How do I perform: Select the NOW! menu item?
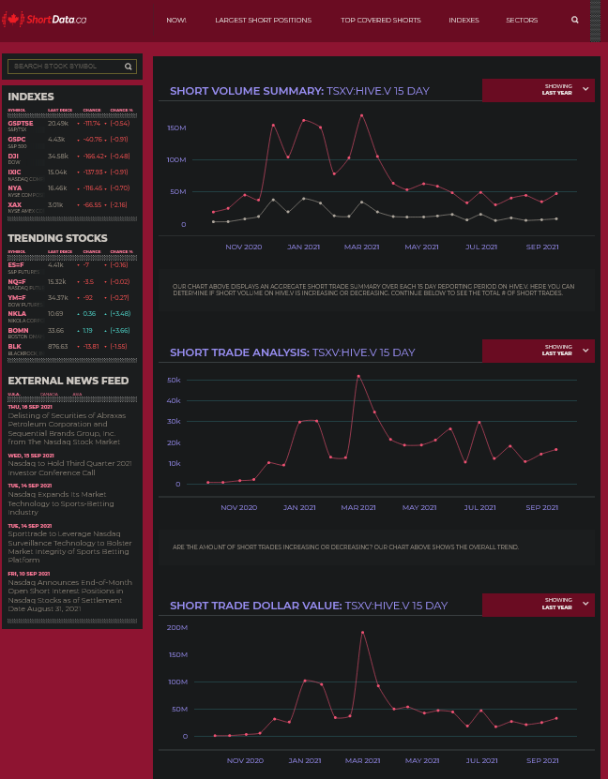176,20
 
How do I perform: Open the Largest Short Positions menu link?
263,20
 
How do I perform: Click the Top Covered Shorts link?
380,20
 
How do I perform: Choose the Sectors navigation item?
522,20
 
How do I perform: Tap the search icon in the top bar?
575,20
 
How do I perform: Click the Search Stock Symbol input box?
66,67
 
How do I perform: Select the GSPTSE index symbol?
20,123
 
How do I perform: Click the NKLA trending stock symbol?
16,313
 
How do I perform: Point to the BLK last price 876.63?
58,346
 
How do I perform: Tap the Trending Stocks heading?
57,238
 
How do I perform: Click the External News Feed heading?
68,381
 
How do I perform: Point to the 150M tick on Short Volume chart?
176,127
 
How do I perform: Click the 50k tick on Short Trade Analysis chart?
174,380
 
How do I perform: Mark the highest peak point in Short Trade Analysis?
358,376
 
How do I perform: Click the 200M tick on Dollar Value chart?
176,627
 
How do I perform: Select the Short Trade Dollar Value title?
255,606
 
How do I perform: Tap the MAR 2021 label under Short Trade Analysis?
357,507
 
